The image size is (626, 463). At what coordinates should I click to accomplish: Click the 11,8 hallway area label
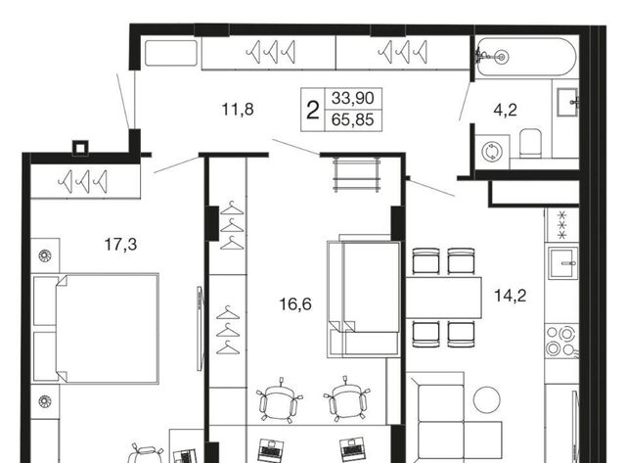(x=238, y=109)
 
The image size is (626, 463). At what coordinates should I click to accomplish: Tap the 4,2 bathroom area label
(x=505, y=110)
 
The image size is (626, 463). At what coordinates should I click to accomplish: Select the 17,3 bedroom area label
(x=120, y=244)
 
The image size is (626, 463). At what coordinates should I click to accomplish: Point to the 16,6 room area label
(x=295, y=304)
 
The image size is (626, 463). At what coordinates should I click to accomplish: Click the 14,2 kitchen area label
(x=511, y=296)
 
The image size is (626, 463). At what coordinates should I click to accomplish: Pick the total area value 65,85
(x=353, y=119)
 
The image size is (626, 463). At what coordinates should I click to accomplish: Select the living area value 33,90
(x=353, y=98)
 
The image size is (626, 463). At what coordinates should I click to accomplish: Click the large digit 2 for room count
(x=313, y=111)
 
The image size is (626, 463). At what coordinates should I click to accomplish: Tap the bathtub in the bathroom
(x=526, y=57)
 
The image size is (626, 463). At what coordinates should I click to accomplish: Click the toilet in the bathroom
(x=530, y=143)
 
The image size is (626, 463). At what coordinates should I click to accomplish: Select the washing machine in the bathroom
(x=492, y=152)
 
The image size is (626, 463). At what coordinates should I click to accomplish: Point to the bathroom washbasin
(x=567, y=102)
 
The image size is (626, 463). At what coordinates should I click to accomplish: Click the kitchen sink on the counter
(x=563, y=263)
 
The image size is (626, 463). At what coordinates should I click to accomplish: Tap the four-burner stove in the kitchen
(x=561, y=341)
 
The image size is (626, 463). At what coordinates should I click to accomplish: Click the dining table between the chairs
(x=444, y=298)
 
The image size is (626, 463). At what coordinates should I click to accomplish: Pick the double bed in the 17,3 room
(x=96, y=328)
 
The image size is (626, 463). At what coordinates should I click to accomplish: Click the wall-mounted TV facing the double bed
(x=200, y=328)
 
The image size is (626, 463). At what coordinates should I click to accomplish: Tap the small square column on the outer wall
(x=80, y=148)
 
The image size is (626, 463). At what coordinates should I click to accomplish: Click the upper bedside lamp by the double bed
(x=45, y=255)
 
